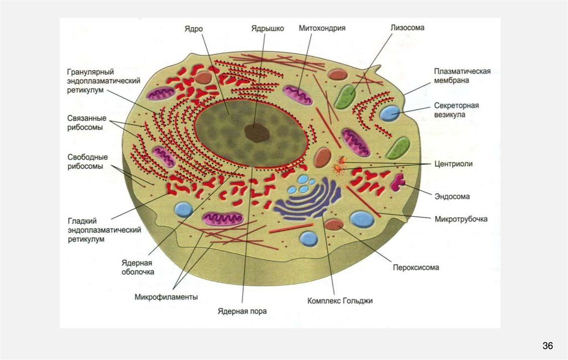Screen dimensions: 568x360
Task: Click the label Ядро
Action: click(194, 29)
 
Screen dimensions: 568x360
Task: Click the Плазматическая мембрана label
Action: click(462, 76)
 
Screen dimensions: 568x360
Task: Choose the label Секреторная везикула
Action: click(456, 110)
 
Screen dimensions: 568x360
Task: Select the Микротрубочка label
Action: click(461, 219)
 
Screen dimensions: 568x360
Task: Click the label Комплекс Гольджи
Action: click(340, 301)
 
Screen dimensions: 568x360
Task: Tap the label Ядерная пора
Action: click(242, 311)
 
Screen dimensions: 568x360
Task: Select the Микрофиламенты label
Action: click(166, 297)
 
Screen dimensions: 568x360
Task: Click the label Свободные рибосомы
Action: click(88, 161)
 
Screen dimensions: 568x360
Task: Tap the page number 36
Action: click(547, 346)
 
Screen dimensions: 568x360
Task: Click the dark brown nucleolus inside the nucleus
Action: click(257, 133)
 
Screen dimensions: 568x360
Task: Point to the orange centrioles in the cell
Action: click(340, 164)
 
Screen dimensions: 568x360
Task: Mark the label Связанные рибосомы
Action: click(85, 122)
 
